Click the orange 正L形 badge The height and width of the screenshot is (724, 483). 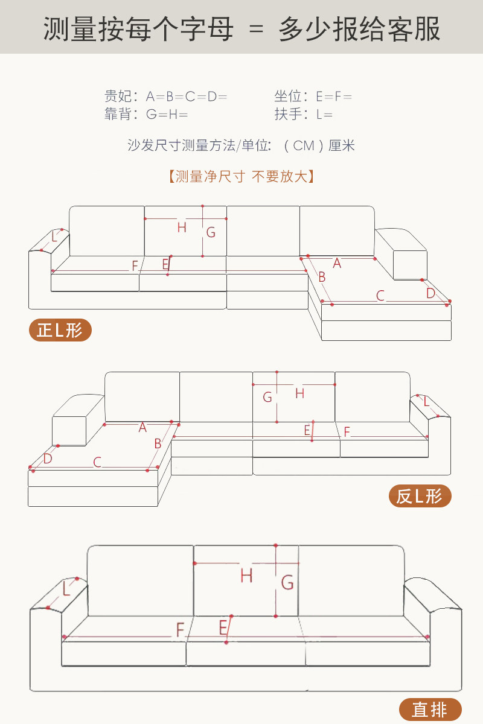pos(60,330)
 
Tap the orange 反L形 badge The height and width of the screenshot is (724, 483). pos(420,496)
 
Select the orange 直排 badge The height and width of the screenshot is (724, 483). pos(430,710)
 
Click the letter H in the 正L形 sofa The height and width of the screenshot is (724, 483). pos(182,227)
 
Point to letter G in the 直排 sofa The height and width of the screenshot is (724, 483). pos(287,583)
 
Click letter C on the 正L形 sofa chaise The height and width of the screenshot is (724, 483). pos(380,296)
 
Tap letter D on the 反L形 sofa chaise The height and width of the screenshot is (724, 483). pos(48,459)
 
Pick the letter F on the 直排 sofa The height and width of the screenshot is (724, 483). pos(180,630)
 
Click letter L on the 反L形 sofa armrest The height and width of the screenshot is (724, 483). pos(426,401)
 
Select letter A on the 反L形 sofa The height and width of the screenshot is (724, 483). pos(142,428)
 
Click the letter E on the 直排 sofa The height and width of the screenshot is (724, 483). pos(223,627)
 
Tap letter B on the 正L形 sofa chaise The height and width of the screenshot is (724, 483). pos(322,277)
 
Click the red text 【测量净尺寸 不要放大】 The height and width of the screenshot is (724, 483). pos(241,177)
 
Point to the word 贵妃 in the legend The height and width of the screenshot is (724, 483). pos(118,97)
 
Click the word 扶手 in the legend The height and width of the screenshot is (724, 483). pos(288,114)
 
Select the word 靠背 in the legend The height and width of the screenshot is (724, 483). pos(118,114)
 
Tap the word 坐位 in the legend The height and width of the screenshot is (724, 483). pos(288,97)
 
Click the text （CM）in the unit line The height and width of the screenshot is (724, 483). pos(304,145)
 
